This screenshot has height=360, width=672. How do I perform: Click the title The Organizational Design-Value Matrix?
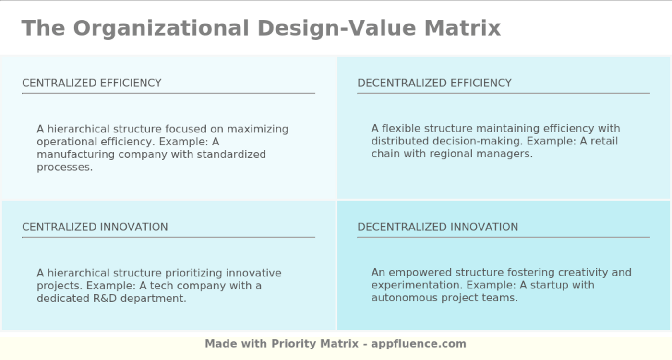[261, 28]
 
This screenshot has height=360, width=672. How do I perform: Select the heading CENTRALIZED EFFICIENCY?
[92, 83]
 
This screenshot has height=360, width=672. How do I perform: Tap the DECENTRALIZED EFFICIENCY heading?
[434, 83]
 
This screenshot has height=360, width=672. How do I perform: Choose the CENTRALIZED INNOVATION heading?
[95, 227]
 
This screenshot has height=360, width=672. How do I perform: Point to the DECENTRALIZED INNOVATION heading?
[438, 227]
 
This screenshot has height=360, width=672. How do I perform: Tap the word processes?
[64, 167]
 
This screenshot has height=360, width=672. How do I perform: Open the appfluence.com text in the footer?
[419, 344]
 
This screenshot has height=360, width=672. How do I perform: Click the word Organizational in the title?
[161, 28]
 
